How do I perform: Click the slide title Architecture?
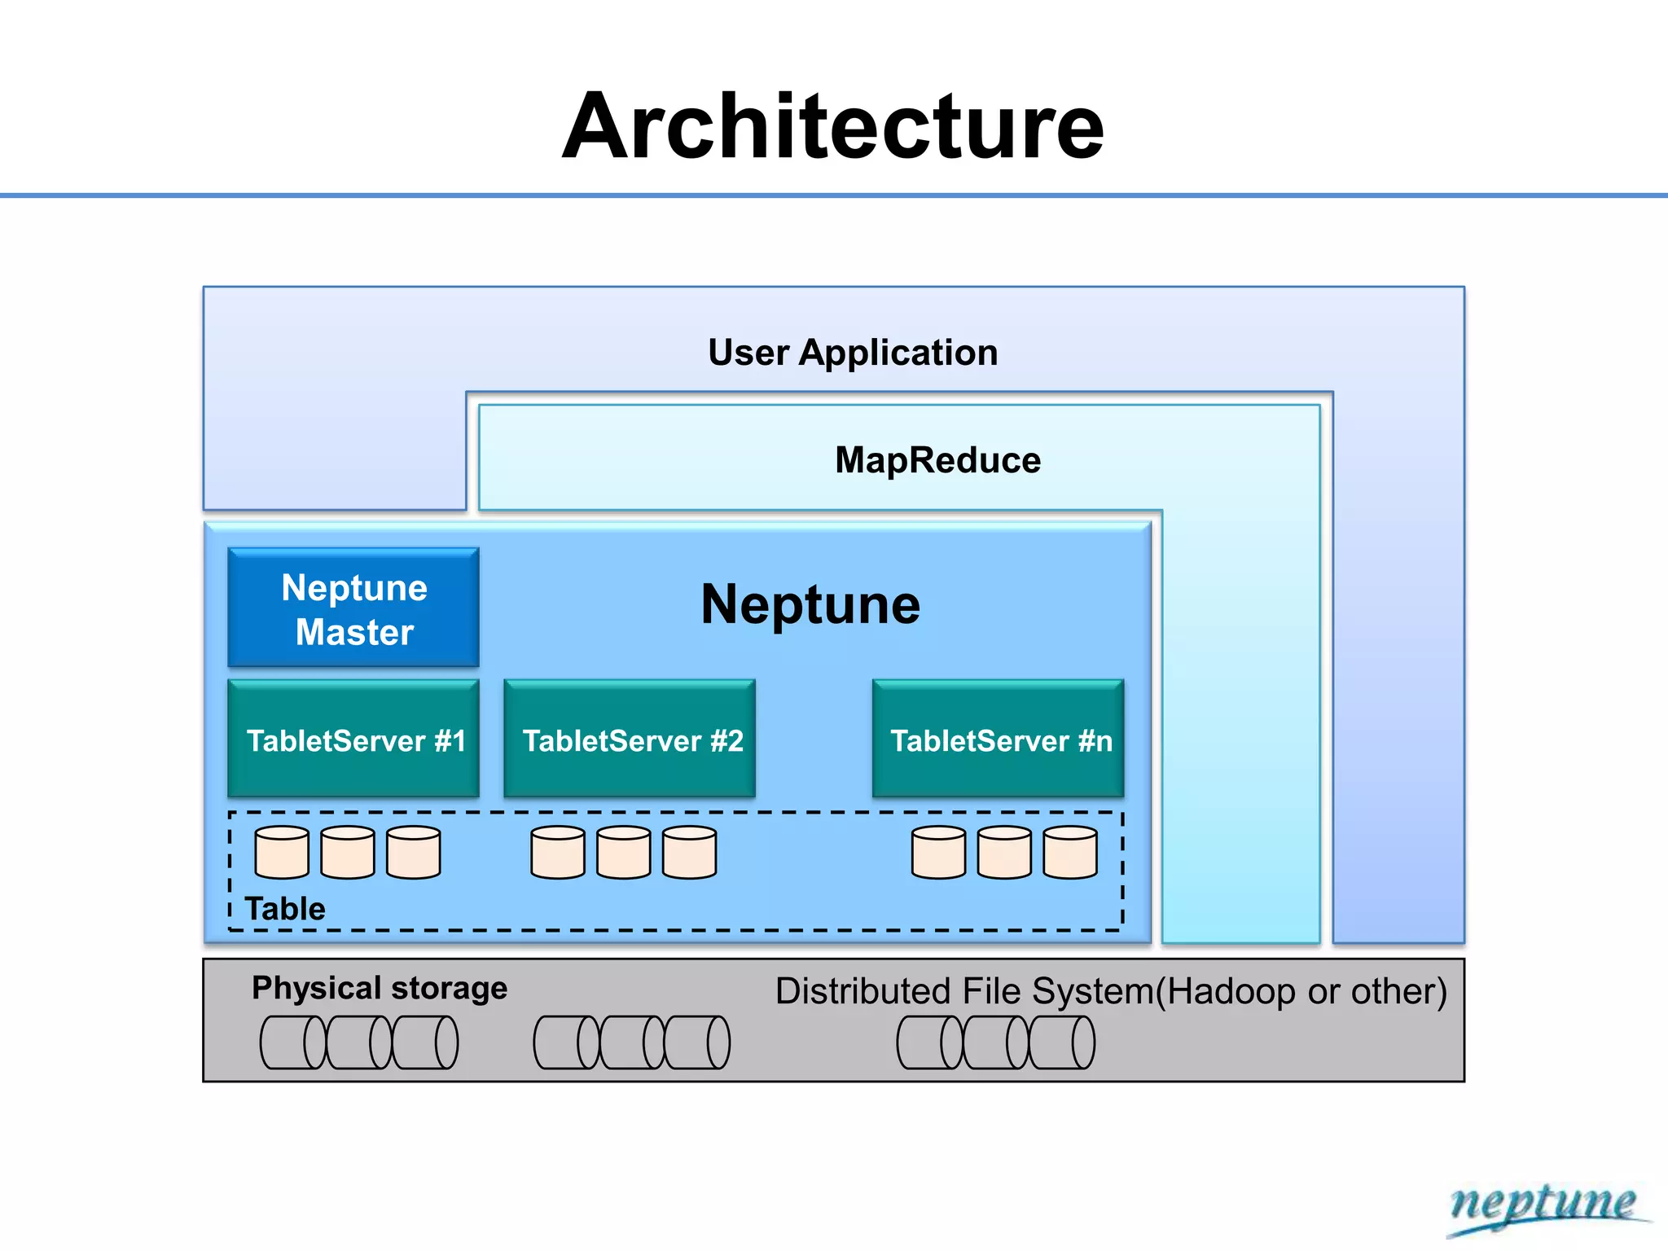point(832,127)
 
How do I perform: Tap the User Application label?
point(852,353)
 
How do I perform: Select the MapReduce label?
point(937,460)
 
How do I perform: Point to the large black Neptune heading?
point(810,604)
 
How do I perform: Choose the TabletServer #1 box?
point(353,740)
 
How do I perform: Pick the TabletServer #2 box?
point(630,740)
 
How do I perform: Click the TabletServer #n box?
point(999,740)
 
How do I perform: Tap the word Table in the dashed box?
point(285,908)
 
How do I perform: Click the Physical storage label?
point(380,988)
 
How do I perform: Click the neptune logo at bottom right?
point(1543,1205)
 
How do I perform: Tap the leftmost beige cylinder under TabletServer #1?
point(282,853)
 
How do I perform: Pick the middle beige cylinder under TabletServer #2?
point(624,853)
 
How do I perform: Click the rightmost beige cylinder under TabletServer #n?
point(1070,853)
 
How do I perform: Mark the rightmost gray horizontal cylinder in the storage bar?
point(1062,1042)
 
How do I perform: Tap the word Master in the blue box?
point(354,632)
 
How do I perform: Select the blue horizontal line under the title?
point(834,195)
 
